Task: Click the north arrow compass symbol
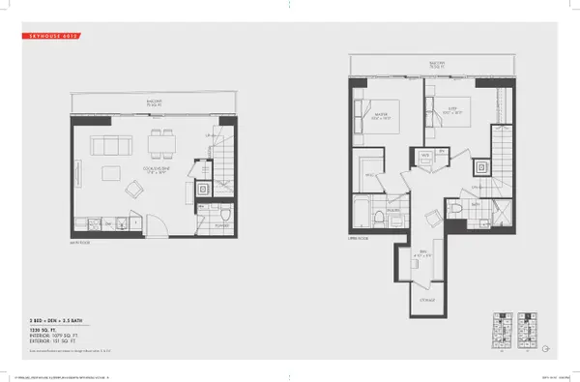(x=546, y=349)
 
